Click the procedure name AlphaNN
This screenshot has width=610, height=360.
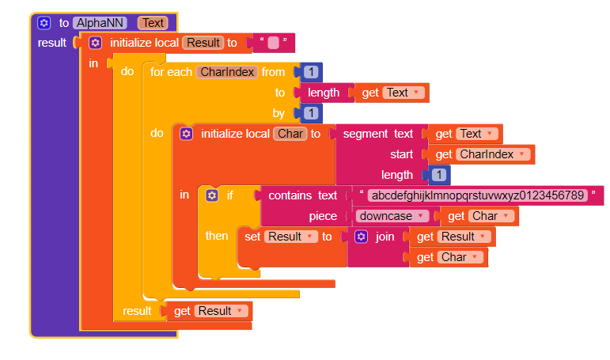[100, 23]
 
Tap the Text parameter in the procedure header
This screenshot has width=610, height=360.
[153, 23]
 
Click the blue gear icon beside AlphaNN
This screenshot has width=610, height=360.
[44, 23]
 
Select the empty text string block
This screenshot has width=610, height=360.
[274, 43]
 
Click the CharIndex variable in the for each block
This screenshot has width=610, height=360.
[227, 72]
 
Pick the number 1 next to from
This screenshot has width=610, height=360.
[310, 72]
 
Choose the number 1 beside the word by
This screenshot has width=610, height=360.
[310, 113]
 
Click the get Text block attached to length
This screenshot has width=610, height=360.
[392, 93]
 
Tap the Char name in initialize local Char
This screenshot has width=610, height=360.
[290, 134]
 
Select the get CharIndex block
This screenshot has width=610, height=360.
[481, 154]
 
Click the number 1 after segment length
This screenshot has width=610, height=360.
[439, 175]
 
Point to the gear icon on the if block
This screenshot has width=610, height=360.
[212, 195]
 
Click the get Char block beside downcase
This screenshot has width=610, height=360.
[479, 216]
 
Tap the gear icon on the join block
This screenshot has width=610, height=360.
[362, 237]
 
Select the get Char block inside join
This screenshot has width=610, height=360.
[448, 257]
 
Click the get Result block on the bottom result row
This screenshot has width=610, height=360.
[210, 311]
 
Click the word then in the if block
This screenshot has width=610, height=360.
[217, 236]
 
